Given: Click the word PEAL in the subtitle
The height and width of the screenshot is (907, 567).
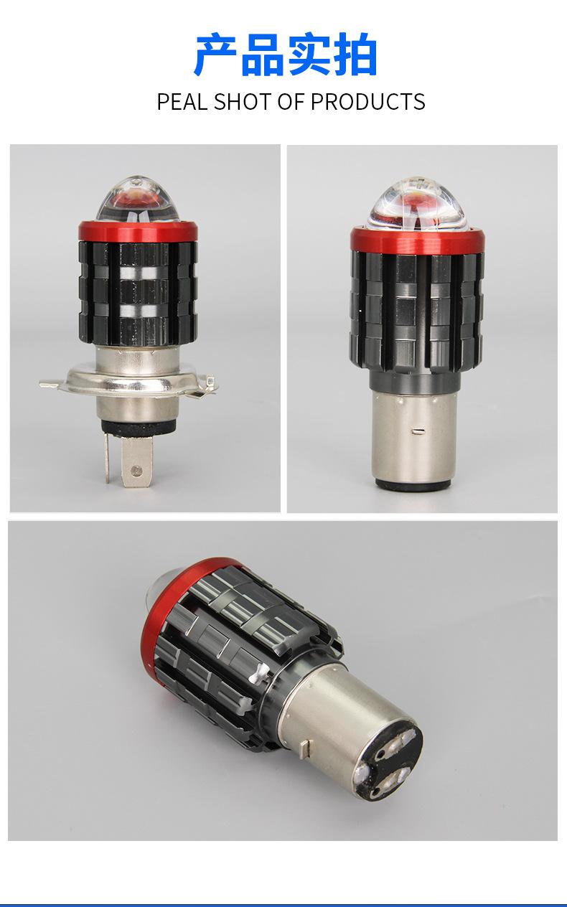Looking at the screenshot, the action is (182, 102).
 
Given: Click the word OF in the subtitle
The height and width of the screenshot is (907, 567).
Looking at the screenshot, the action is (290, 102).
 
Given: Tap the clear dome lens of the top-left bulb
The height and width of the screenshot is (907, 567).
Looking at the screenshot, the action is (138, 200).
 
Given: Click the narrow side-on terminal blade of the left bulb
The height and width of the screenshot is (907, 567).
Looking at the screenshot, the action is (108, 458).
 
